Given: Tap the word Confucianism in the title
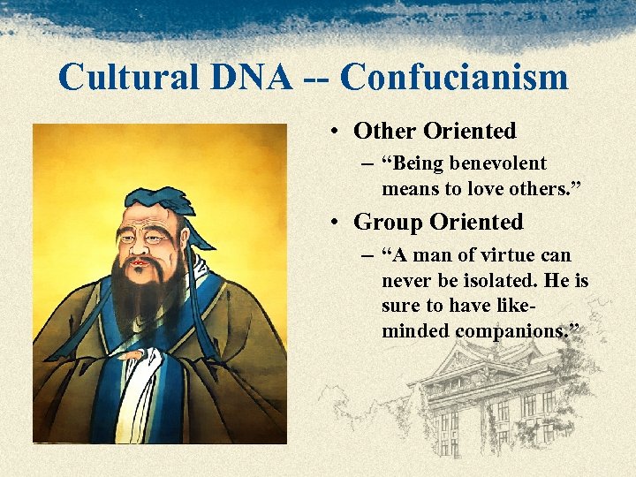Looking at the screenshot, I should [453, 77].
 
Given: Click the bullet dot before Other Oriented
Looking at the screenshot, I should [337, 132].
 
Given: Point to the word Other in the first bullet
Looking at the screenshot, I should [385, 132].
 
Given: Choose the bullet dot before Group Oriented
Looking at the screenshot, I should [337, 223].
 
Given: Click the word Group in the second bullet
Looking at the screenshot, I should [388, 222].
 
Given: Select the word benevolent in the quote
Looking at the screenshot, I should [498, 163].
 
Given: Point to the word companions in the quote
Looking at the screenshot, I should [512, 331].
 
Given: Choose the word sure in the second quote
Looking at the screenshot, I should [400, 307].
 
